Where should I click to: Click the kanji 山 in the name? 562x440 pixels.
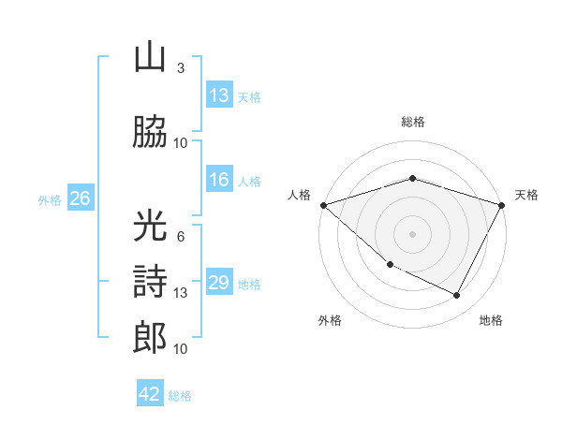click(150, 58)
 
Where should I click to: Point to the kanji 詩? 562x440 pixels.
click(150, 280)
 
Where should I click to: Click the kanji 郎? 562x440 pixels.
click(150, 336)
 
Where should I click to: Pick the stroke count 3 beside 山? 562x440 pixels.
click(181, 68)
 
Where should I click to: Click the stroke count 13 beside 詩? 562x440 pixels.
click(181, 293)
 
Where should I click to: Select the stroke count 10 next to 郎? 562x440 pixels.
click(181, 349)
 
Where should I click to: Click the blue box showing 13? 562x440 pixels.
click(218, 95)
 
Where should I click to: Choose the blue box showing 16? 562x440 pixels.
click(218, 181)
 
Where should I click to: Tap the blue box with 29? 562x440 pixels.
click(218, 283)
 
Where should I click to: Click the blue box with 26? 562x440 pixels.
click(80, 198)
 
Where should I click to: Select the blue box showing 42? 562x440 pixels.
click(149, 394)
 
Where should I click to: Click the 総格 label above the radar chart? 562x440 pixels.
click(413, 122)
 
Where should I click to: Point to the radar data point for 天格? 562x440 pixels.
click(503, 204)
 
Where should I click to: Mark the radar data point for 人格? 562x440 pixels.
click(323, 204)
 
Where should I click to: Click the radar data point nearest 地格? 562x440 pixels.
click(457, 296)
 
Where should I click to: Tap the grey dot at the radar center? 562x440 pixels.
click(413, 233)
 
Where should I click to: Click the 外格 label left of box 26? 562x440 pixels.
click(50, 199)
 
